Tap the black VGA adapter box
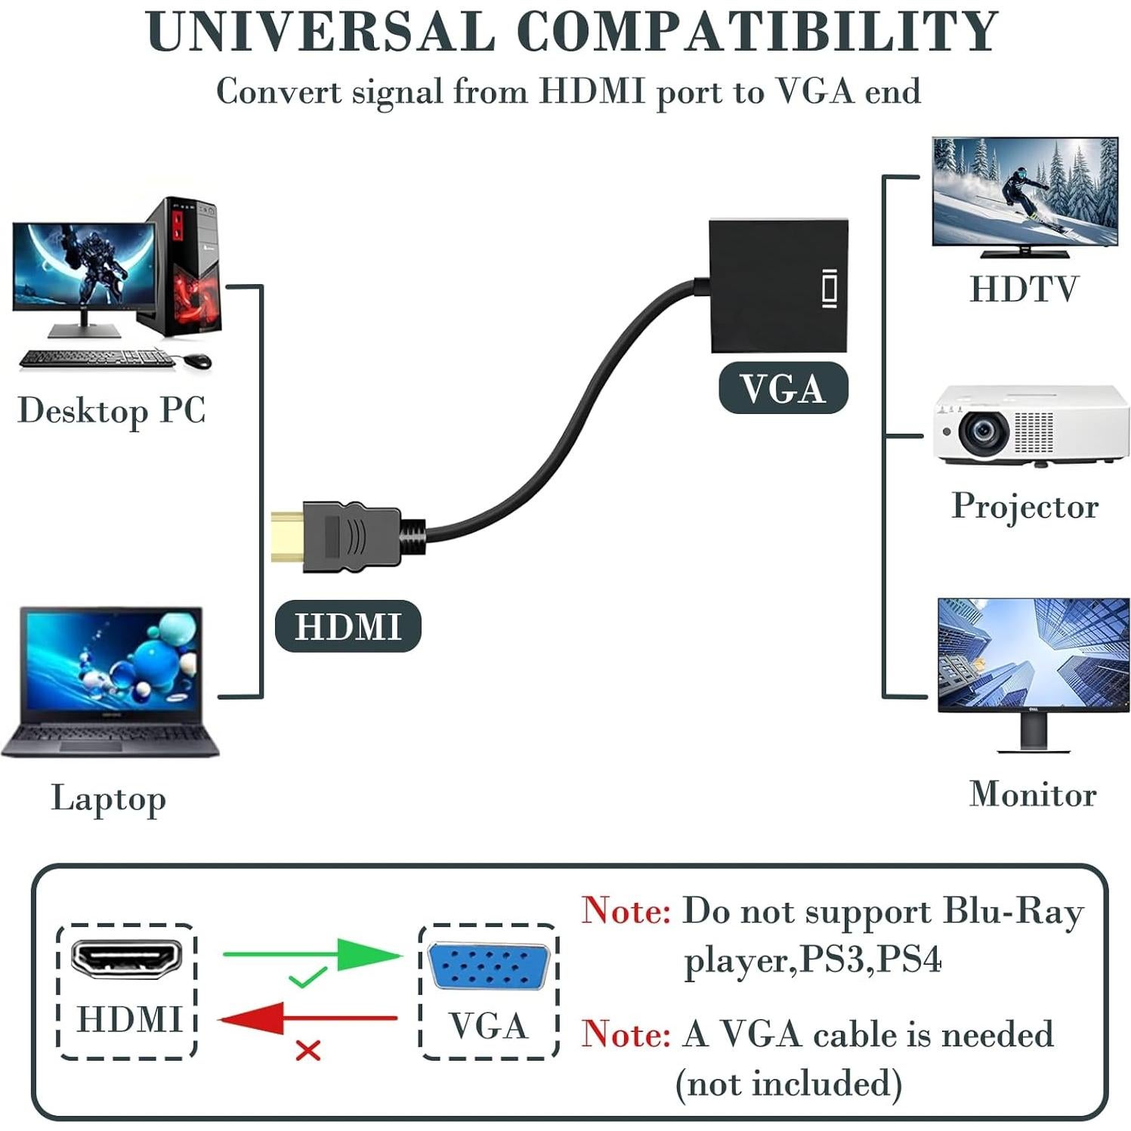click(x=778, y=286)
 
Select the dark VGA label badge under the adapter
click(x=783, y=388)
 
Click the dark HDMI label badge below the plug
click(x=348, y=626)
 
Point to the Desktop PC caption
click(x=112, y=411)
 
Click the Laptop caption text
click(x=108, y=799)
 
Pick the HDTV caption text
click(x=1024, y=289)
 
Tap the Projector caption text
click(x=1024, y=505)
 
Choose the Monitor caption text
click(x=1032, y=794)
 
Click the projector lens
click(x=983, y=431)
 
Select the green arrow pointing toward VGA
click(x=313, y=954)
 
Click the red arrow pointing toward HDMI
click(x=307, y=1018)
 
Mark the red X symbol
click(x=307, y=1049)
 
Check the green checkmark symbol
click(x=307, y=978)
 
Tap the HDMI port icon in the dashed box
click(x=127, y=958)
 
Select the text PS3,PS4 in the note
click(x=870, y=959)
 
